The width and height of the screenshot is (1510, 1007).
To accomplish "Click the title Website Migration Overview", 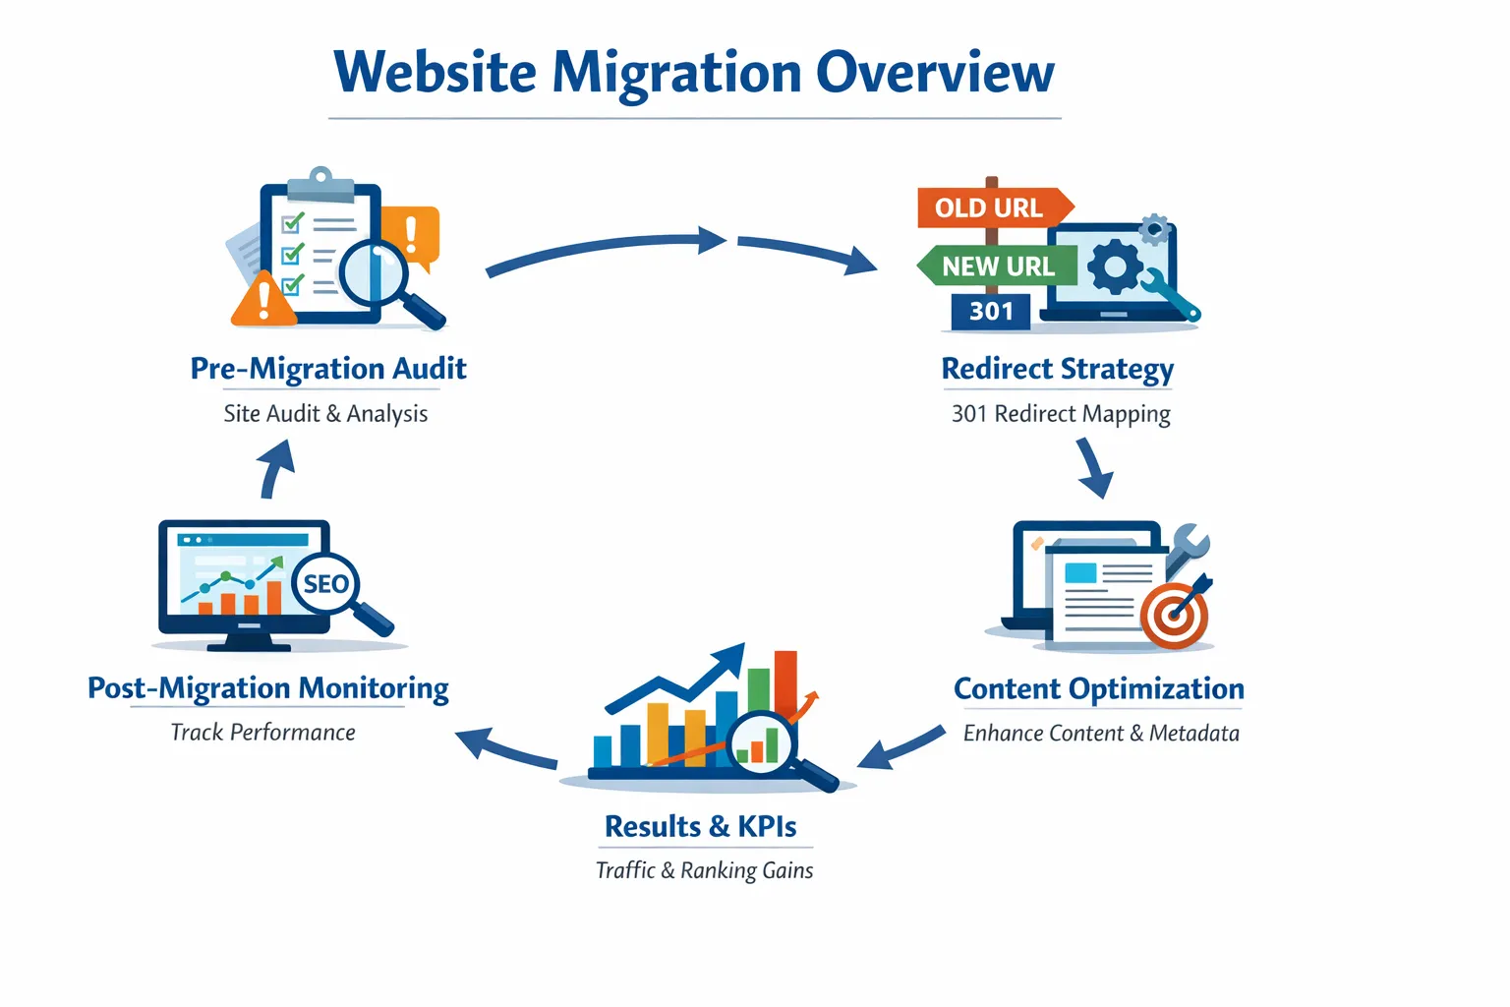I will (x=694, y=73).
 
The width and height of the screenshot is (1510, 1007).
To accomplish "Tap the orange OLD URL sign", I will (x=991, y=207).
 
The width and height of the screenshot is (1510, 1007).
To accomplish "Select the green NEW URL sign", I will (x=996, y=266).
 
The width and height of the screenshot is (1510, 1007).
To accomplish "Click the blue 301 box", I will (x=990, y=312).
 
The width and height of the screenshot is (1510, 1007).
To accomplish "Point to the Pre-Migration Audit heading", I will (x=328, y=369).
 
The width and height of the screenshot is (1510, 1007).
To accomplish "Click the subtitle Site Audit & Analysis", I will (x=325, y=414).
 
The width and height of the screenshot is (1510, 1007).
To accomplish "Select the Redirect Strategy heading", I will (x=1058, y=369).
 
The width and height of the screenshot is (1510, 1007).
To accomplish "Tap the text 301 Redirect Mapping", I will (x=1061, y=414).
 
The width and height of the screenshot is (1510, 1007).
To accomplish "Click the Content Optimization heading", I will (x=1098, y=688).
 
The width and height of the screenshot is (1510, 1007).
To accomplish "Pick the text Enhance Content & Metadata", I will (x=1101, y=734).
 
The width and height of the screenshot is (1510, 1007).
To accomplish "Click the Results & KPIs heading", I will (x=701, y=826).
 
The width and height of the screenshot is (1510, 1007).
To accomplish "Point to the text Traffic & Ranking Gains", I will (x=705, y=870).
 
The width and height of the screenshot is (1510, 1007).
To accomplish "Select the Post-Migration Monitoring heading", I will (x=268, y=688).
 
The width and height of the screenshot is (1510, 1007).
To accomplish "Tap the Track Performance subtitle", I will (x=263, y=733).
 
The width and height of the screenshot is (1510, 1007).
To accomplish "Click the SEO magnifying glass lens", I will (x=325, y=584).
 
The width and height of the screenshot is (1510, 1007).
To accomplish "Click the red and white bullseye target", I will (x=1174, y=617).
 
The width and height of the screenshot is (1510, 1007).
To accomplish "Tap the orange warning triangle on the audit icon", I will (x=262, y=301).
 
